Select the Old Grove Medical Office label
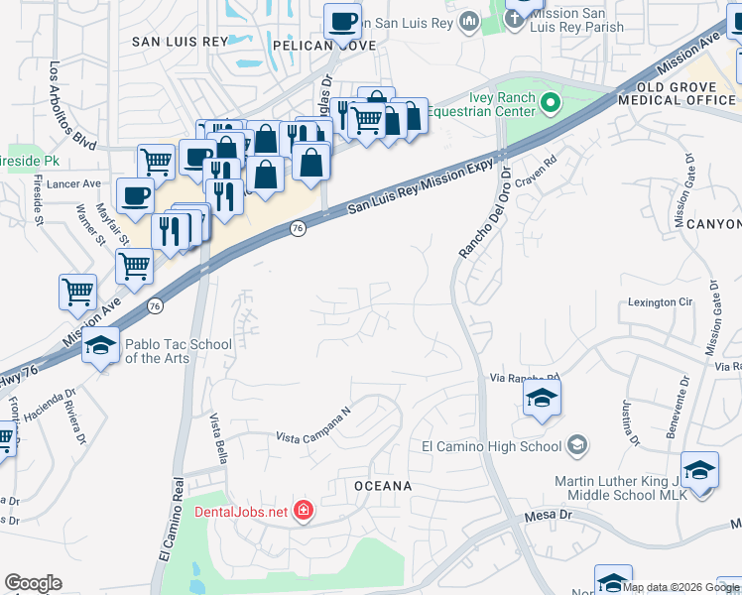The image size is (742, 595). pos(679,92)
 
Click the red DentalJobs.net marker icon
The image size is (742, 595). pos(303,512)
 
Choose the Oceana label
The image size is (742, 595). pos(382,486)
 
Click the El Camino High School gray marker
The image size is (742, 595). pos(577,446)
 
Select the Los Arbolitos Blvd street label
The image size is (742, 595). pos(72,106)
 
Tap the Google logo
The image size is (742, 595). pos(33,583)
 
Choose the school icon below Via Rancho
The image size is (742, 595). pos(542,399)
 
